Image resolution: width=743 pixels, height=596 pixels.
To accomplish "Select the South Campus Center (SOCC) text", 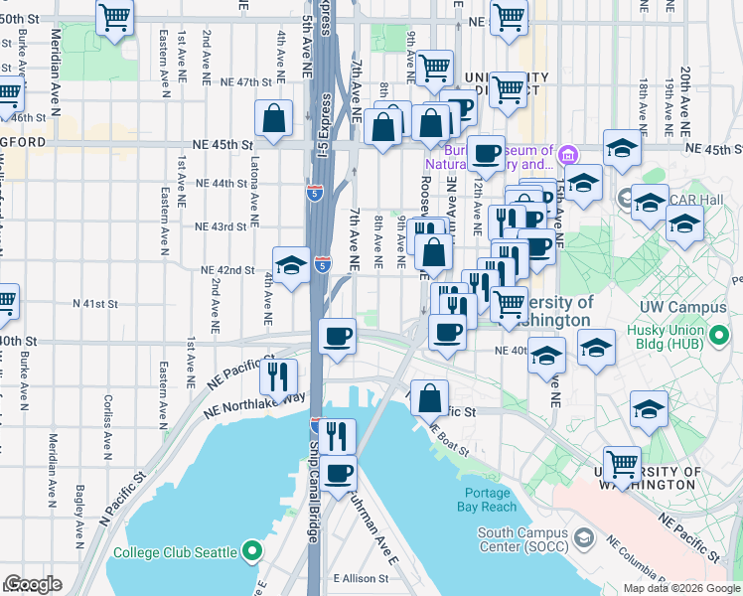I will click(x=523, y=538).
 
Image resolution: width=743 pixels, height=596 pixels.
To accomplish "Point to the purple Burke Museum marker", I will click(x=567, y=154).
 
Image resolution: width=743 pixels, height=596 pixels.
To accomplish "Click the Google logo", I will click(x=33, y=584).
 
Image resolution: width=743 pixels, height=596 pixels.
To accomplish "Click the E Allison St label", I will click(x=366, y=578).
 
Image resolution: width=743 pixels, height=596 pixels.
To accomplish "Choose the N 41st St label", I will click(x=95, y=304).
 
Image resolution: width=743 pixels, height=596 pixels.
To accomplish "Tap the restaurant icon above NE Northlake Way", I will click(x=278, y=374).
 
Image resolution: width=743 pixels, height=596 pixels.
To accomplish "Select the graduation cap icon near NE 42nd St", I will click(x=291, y=265).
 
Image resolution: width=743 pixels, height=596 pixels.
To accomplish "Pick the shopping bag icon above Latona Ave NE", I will click(x=273, y=119).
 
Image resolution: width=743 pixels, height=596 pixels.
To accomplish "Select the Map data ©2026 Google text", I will click(x=680, y=588).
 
